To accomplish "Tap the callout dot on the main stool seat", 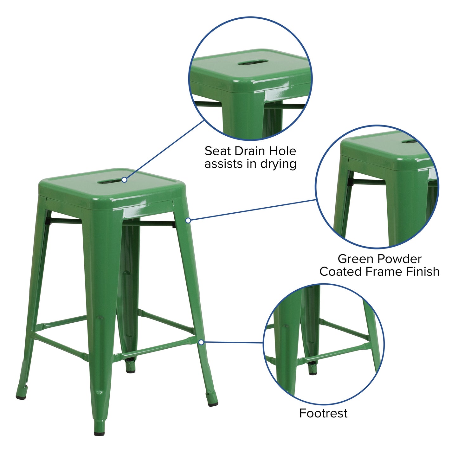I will (x=125, y=180).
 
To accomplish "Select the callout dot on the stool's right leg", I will (x=188, y=220).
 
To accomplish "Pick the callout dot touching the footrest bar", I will (x=201, y=342).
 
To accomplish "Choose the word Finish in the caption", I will (x=424, y=272).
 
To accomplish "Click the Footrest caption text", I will (x=323, y=413).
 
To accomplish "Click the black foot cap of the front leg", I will (x=99, y=433).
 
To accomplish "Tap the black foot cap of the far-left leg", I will (x=21, y=397).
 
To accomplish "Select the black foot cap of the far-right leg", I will (x=213, y=404).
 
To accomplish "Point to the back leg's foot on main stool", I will (x=130, y=370).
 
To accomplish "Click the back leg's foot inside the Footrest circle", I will (x=313, y=373).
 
